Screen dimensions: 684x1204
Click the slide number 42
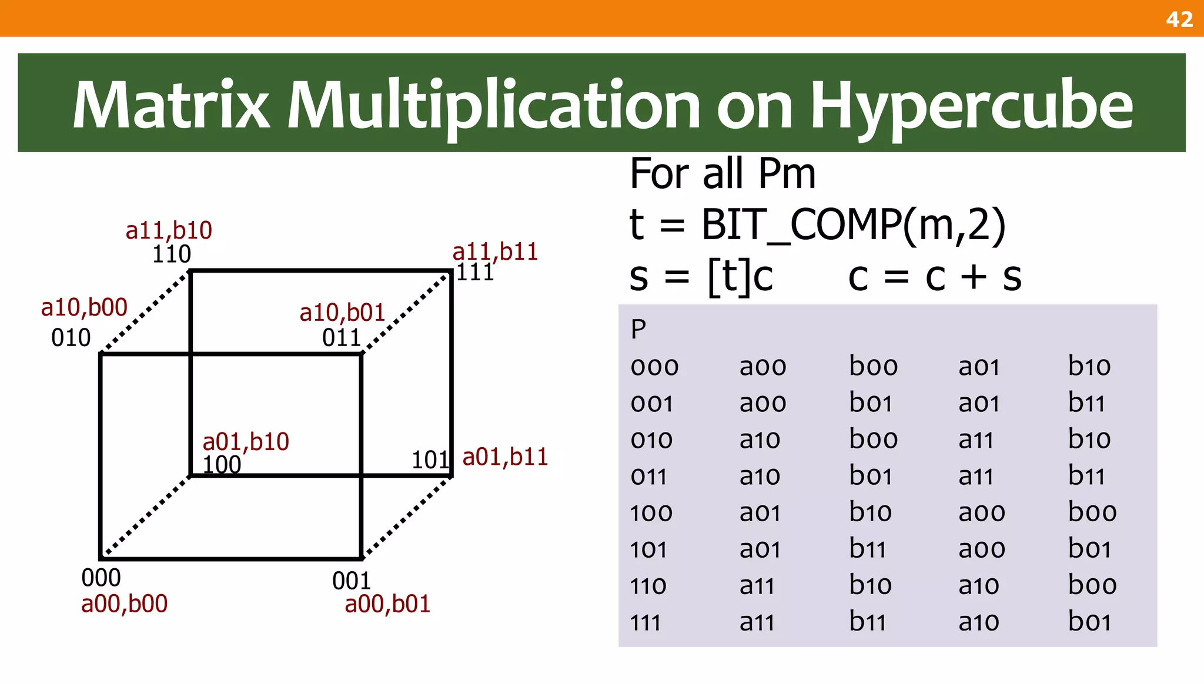pos(1179,19)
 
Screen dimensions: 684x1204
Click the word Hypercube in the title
pos(971,106)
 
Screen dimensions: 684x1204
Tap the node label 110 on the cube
pos(172,254)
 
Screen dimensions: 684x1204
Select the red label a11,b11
pos(495,252)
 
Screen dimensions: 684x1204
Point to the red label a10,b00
pos(84,307)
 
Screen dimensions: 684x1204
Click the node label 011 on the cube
pos(341,338)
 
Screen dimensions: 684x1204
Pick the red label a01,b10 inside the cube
pos(246,441)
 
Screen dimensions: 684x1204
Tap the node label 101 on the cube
pos(430,460)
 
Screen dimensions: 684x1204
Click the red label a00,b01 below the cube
pos(387,604)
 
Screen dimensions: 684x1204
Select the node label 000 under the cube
pos(101,578)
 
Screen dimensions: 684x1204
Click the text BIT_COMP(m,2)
pos(853,224)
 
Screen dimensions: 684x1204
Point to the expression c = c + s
pos(935,276)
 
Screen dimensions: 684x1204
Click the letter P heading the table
pos(638,329)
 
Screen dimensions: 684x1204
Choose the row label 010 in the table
pos(651,440)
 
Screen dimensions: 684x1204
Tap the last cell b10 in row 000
pos(1089,367)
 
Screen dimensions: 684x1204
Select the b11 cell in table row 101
pos(867,549)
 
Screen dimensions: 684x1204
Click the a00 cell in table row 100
pos(981,512)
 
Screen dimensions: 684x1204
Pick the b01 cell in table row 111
pos(1089,622)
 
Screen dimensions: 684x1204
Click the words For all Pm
pos(723,174)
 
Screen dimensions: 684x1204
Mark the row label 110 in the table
pos(648,586)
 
